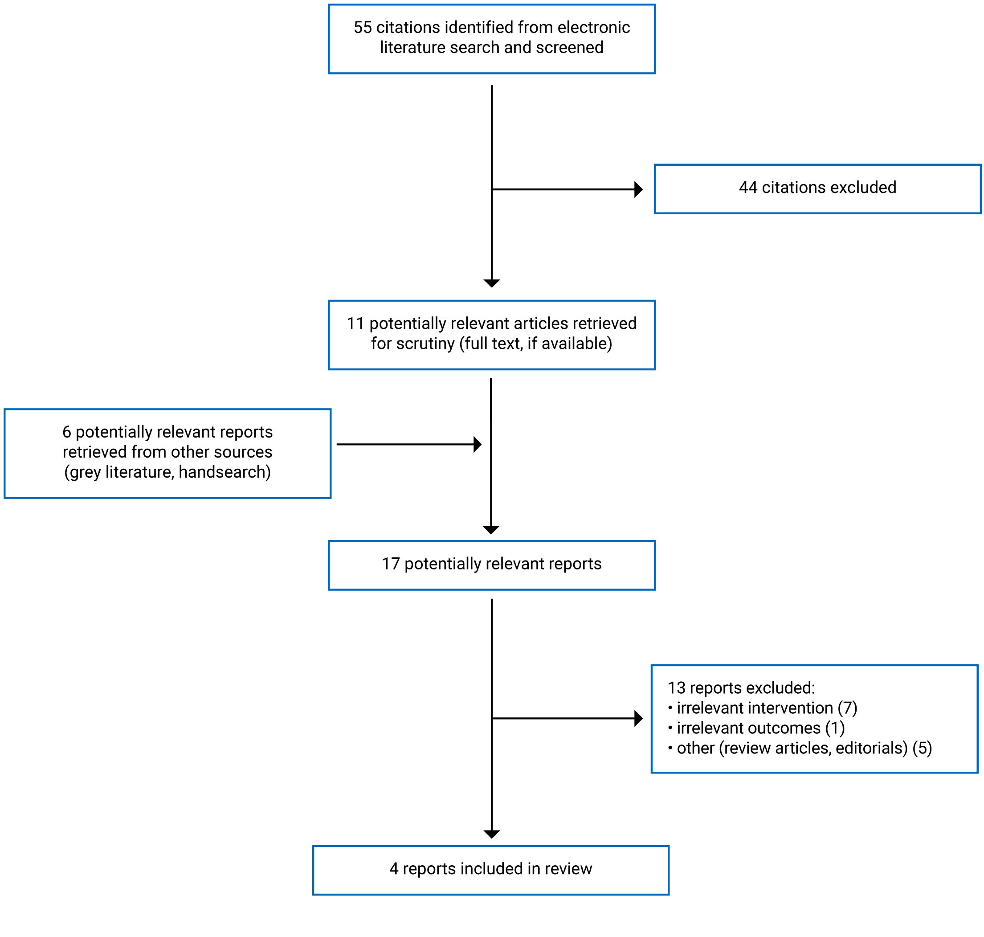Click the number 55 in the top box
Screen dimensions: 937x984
coord(363,28)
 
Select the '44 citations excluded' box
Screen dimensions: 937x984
coord(817,189)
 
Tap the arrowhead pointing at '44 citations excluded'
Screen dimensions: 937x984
coord(638,189)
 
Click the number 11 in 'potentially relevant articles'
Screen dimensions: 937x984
coord(355,323)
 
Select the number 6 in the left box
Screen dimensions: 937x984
coord(67,432)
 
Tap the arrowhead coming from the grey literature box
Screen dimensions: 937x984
coord(477,444)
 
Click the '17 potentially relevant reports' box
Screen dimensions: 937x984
coord(491,565)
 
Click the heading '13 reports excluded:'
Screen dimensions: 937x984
coord(741,688)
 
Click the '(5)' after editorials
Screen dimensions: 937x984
coord(922,748)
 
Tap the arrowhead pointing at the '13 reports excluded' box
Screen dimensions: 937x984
coord(638,718)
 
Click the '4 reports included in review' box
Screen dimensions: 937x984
coord(490,870)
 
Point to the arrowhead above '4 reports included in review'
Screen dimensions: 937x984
coord(492,834)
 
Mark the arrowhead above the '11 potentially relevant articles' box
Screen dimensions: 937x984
coord(492,283)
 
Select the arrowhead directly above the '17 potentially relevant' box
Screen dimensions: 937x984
coord(491,530)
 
